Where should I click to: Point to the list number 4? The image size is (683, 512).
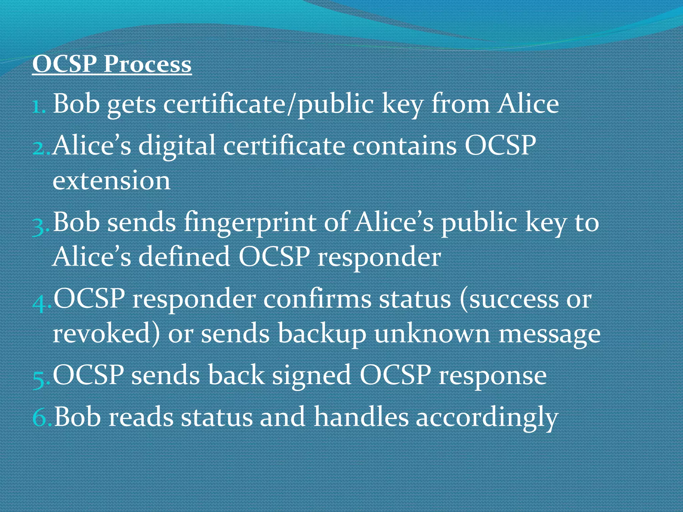41,302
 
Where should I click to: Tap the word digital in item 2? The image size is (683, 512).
177,146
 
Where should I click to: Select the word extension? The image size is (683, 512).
111,180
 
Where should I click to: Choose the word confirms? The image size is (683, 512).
317,299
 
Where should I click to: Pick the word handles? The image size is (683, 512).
361,417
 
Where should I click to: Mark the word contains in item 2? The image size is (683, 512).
405,146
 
